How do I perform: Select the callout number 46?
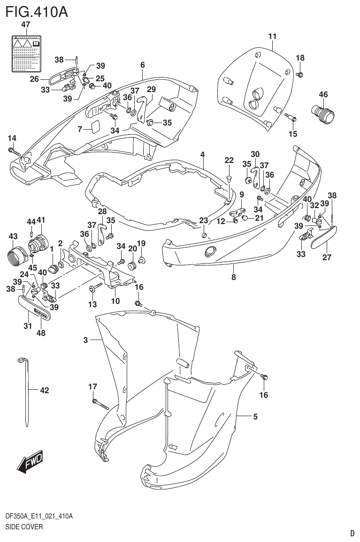323,94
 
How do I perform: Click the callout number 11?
273,36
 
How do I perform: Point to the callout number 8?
234,277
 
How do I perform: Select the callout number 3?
85,340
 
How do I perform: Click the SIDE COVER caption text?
24,527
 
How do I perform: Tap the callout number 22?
229,161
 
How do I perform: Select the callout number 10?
115,301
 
